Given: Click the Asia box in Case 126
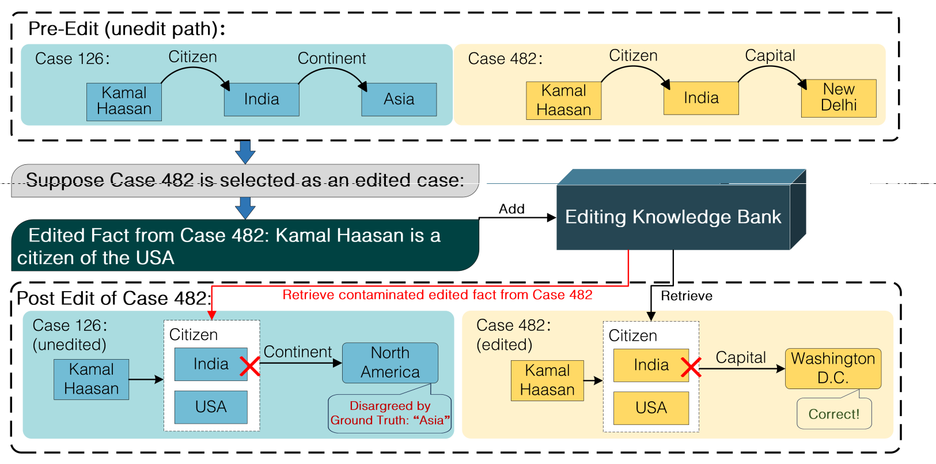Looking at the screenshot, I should tap(399, 99).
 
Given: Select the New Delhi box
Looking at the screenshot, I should tap(839, 98).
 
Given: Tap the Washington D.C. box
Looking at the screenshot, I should tap(833, 368).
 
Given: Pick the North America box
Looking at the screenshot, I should tap(390, 363).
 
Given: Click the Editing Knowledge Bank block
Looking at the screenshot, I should tap(673, 217).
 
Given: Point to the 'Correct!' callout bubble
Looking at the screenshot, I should tap(833, 414).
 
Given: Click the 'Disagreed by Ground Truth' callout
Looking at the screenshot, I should tap(390, 413).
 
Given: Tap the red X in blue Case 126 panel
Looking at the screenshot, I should tap(250, 366).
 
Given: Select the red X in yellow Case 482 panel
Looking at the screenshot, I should tap(691, 367).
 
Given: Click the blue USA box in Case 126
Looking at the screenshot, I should tap(211, 407).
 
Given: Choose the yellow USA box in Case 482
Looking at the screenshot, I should tap(651, 408).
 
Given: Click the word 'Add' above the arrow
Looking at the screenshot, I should tap(511, 209).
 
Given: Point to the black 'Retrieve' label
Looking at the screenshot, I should tap(686, 296).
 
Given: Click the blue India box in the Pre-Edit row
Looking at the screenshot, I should tap(262, 99).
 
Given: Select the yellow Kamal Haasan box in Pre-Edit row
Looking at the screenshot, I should tap(563, 100).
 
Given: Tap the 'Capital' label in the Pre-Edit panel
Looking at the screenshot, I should tap(770, 55).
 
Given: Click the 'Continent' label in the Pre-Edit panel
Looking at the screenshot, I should tap(331, 58).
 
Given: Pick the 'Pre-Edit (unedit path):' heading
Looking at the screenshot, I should tap(127, 29).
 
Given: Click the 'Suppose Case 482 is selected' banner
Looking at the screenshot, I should tap(245, 180).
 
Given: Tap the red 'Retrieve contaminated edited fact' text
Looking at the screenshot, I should tap(437, 295).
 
